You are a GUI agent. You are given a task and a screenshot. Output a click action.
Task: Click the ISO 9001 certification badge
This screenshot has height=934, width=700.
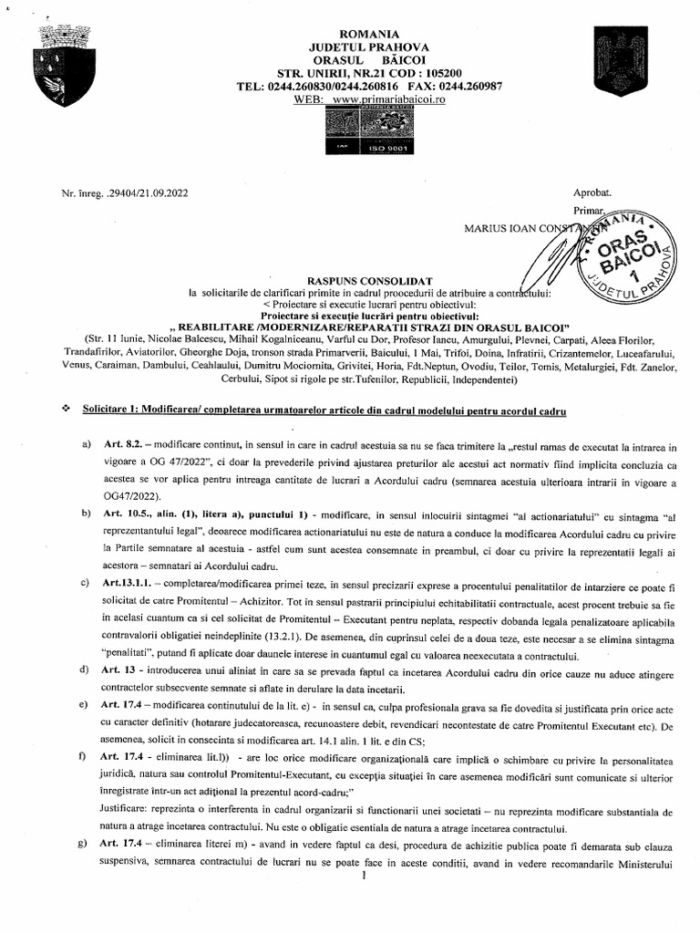point(376,146)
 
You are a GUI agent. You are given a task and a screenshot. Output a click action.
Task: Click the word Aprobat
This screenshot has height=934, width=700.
point(593,192)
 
